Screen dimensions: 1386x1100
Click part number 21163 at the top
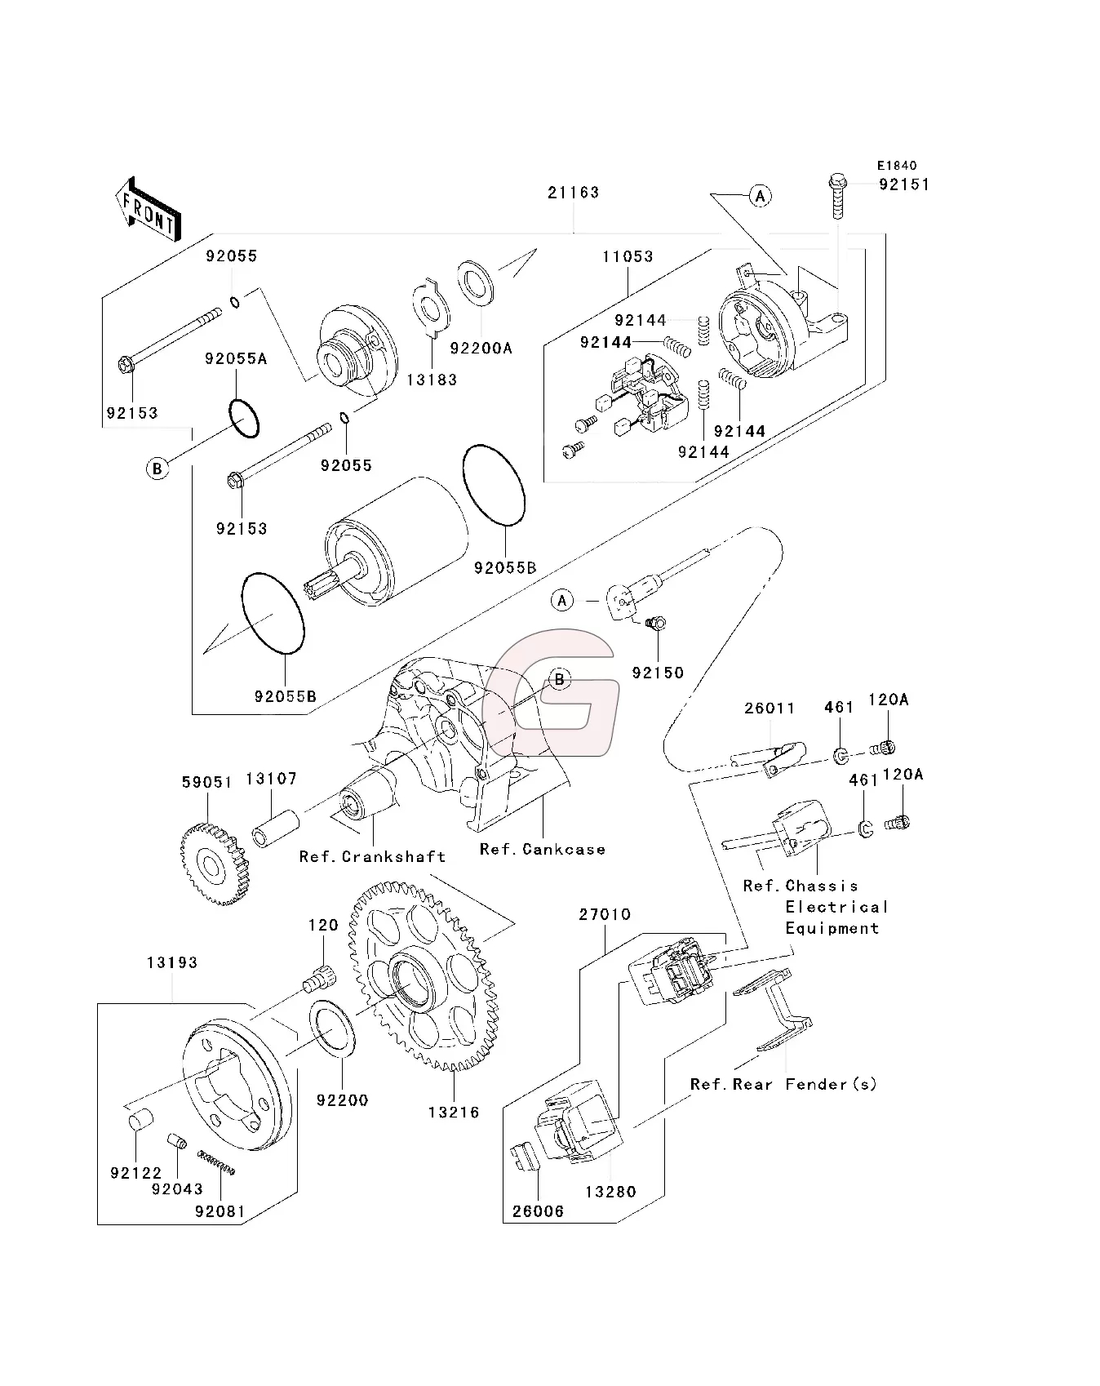(x=573, y=193)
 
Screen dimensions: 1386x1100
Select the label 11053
(x=628, y=256)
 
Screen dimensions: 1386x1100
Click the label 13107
(x=272, y=780)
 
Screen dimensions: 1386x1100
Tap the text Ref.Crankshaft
(x=372, y=857)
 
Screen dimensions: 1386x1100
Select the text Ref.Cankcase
(x=542, y=850)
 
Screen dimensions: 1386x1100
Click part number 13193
(x=172, y=963)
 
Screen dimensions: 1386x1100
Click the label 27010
(x=605, y=915)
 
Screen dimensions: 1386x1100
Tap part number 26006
(x=539, y=1212)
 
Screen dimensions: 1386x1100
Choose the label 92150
(x=658, y=673)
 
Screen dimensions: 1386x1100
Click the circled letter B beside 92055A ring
(x=157, y=469)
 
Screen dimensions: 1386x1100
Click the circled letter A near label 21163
(x=761, y=196)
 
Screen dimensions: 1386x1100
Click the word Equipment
(x=832, y=929)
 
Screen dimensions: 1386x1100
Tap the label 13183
(x=432, y=380)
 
